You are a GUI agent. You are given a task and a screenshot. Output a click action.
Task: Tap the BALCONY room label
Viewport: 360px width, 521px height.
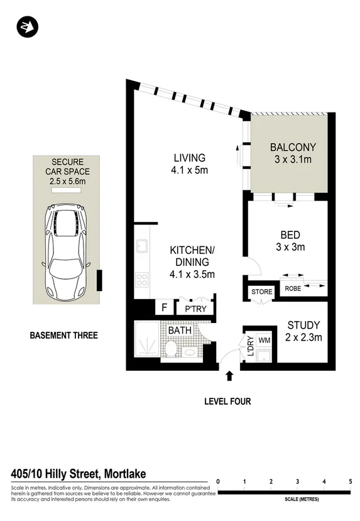[x=293, y=147]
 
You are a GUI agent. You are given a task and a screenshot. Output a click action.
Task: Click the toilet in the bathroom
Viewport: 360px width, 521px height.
[x=170, y=350]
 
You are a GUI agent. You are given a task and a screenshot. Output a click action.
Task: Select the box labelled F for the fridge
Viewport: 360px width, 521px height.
[x=165, y=308]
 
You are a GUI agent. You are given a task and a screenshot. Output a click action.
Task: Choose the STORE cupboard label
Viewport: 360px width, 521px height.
[x=261, y=292]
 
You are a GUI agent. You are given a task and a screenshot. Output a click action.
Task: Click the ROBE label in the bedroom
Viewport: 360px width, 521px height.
[x=293, y=288]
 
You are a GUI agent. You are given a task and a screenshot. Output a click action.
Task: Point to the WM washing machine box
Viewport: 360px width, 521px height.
[x=264, y=340]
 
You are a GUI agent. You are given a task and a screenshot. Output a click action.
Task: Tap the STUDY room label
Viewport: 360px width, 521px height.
[x=303, y=325]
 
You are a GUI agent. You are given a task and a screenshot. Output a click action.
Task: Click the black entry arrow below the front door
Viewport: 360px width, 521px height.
[x=229, y=376]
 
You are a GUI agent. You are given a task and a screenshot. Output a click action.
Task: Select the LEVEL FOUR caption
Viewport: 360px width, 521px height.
[x=227, y=401]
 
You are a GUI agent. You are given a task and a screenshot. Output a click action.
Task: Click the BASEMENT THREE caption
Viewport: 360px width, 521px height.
[x=63, y=336]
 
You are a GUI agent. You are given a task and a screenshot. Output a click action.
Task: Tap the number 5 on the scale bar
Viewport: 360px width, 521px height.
[x=350, y=482]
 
